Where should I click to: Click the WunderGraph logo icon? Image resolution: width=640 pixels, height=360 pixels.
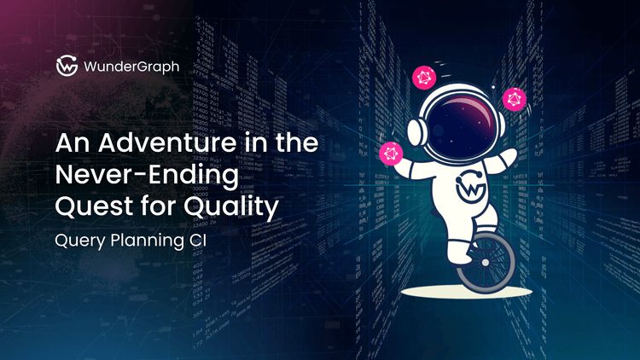66,66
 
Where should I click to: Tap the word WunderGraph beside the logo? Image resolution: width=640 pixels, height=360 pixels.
131,66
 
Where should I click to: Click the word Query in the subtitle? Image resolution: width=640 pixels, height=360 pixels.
80,242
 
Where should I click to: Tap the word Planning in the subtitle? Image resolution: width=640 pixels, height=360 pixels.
151,242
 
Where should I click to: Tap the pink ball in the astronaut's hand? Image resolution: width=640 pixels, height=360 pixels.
391,154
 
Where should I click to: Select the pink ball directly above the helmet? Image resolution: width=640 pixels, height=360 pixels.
424,78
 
